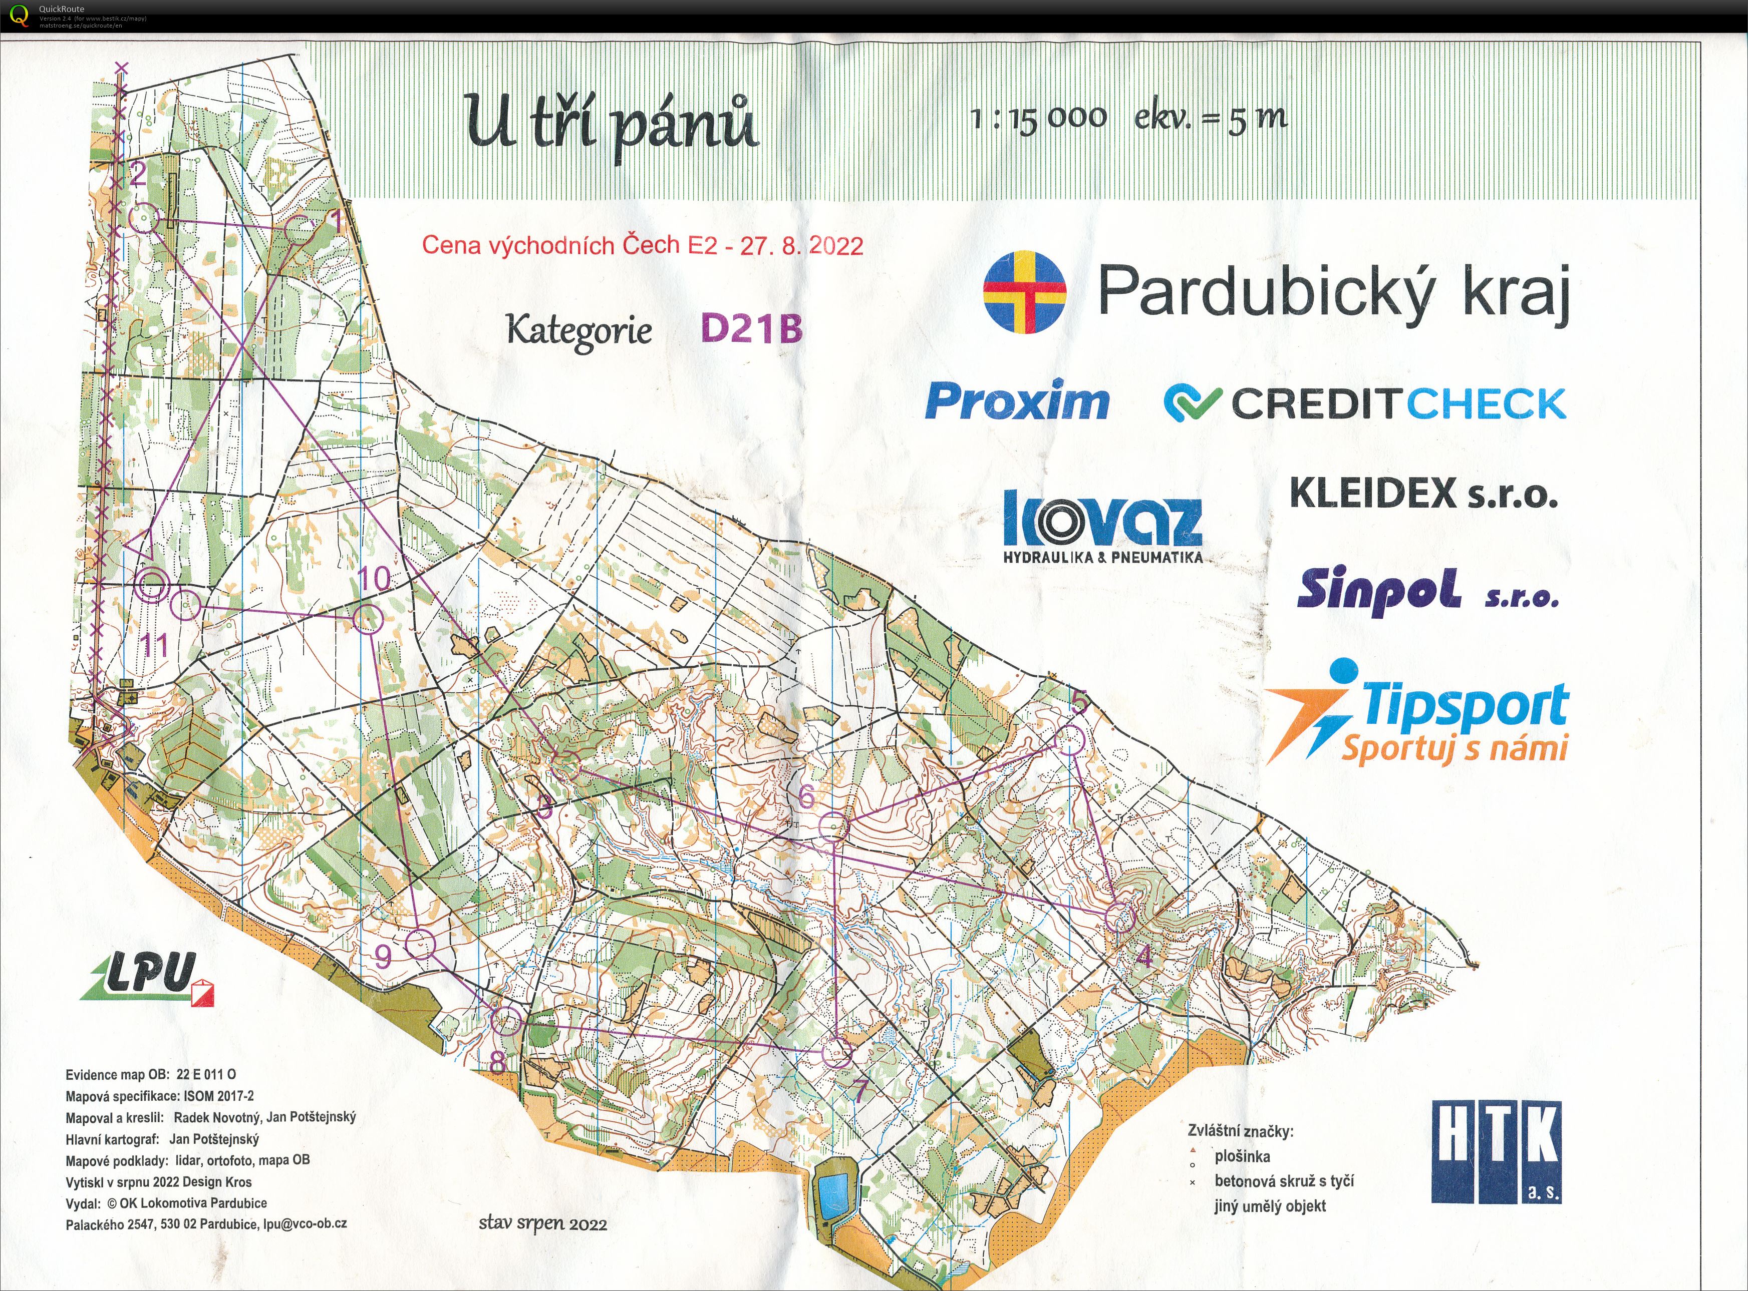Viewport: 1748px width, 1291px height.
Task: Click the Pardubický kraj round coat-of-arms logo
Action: coord(1024,291)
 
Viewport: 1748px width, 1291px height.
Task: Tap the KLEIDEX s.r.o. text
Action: coord(1423,494)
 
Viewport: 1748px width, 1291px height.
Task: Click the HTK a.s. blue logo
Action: coord(1496,1151)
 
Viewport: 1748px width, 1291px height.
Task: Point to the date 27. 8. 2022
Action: coord(801,246)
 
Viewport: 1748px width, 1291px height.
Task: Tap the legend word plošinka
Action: coord(1242,1156)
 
